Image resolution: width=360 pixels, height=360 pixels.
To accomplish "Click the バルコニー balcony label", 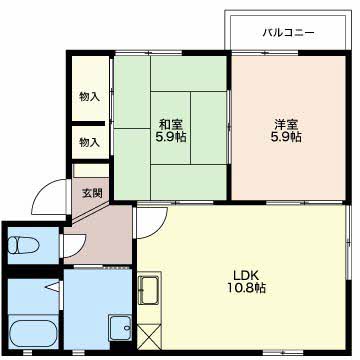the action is tap(288, 33).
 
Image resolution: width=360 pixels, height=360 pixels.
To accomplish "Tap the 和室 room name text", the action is tap(170, 125).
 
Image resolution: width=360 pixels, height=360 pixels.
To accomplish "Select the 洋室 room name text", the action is tap(286, 125).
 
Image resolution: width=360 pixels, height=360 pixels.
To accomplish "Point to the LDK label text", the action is tap(246, 276).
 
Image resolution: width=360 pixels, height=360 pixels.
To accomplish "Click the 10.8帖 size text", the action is tap(246, 288).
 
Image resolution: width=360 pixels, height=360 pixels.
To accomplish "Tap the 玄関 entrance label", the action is tap(92, 193).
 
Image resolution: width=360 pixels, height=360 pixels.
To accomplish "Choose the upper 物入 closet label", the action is tap(89, 97).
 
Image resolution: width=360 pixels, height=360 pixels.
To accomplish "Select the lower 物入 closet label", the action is tap(89, 143).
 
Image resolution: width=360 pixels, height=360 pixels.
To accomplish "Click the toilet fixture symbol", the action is tap(23, 245).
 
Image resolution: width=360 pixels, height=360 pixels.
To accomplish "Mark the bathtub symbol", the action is tap(33, 334).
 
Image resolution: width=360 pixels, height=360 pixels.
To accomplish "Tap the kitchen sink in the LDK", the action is tap(149, 290).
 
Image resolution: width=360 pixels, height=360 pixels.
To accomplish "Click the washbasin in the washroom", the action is tap(120, 328).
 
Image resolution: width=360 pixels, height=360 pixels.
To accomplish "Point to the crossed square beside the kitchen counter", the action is tap(149, 337).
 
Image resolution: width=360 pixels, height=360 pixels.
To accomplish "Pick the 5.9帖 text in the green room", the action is tap(171, 137).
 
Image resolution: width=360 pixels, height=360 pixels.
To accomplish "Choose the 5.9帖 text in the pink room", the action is tap(286, 137).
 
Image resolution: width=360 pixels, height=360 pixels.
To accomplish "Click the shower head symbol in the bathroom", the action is tap(53, 286).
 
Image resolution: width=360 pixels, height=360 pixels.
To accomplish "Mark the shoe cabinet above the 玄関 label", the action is tap(91, 170).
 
